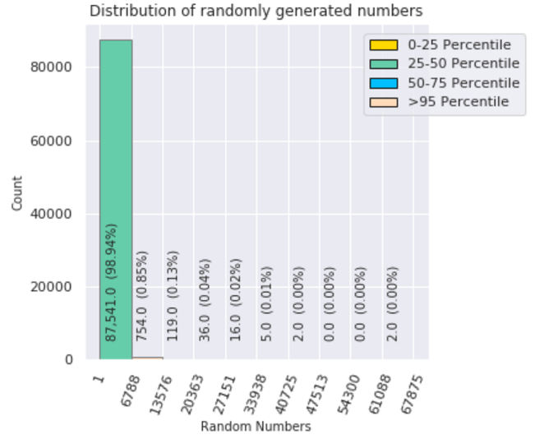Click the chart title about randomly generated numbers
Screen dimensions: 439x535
click(256, 12)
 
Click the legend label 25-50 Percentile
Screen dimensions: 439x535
click(464, 64)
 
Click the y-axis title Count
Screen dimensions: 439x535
click(18, 194)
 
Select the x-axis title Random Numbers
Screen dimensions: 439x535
click(256, 427)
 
